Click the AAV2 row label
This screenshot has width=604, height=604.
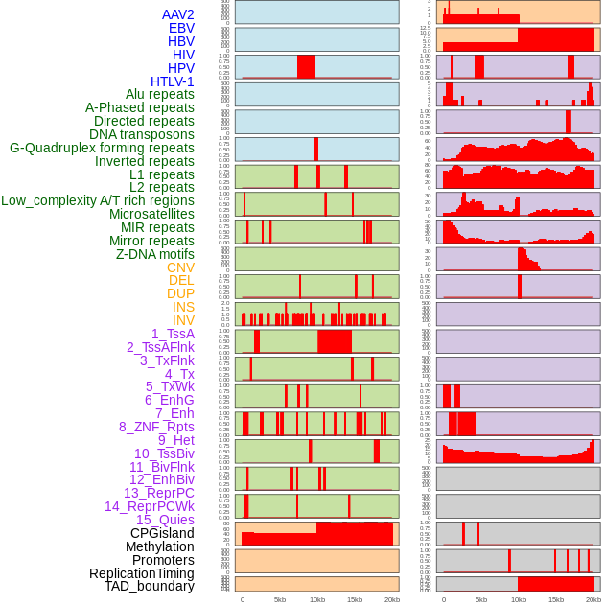click(177, 14)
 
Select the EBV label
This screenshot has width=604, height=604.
click(181, 28)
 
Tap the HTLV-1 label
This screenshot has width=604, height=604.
click(172, 81)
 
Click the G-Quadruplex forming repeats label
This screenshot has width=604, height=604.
click(102, 148)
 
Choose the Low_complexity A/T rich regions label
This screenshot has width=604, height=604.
click(98, 200)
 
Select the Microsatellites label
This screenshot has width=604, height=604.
click(151, 214)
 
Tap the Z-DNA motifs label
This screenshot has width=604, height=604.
click(154, 254)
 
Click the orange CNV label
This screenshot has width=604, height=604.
click(180, 267)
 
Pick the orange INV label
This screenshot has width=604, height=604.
click(183, 320)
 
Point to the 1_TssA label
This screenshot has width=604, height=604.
click(173, 334)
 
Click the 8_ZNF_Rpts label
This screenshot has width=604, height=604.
click(156, 427)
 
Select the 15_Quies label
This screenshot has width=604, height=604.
click(164, 520)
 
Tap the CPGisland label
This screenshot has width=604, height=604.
click(162, 533)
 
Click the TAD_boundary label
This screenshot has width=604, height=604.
click(149, 586)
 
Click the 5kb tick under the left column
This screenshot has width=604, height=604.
click(280, 599)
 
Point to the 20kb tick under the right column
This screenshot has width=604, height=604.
click(593, 599)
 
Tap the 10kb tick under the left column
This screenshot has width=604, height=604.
click(316, 599)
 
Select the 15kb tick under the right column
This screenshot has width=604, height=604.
click(555, 599)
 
